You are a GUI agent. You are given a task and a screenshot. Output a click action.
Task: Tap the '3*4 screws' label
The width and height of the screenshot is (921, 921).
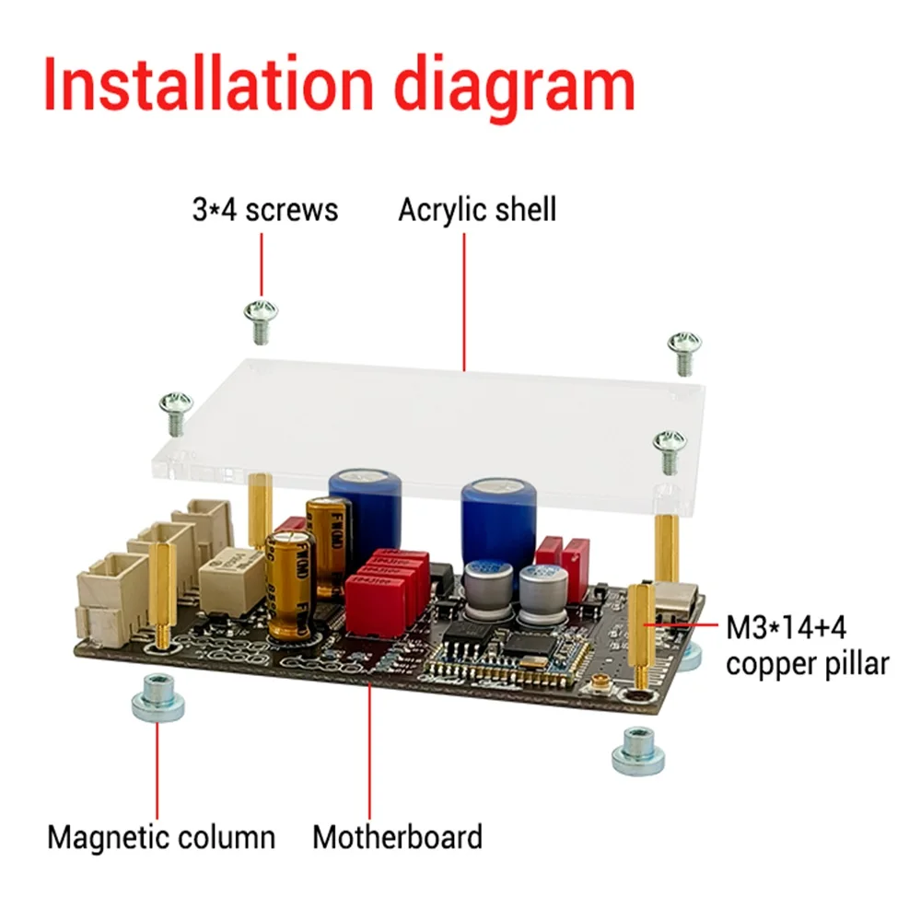click(x=265, y=210)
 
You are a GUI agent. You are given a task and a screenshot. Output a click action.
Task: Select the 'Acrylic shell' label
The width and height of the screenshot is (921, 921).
click(x=477, y=210)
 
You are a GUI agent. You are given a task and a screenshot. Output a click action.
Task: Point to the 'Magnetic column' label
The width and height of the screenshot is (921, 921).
click(x=161, y=837)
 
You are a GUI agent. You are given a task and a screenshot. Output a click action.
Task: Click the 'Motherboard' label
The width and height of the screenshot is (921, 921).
click(x=397, y=837)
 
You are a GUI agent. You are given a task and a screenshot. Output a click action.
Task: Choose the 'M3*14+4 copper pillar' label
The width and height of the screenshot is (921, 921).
click(x=807, y=646)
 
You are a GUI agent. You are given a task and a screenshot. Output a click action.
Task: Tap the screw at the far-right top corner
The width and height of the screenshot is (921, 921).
click(x=684, y=350)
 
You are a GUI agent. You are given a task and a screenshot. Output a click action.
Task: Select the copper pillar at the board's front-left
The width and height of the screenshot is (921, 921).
click(x=163, y=594)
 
